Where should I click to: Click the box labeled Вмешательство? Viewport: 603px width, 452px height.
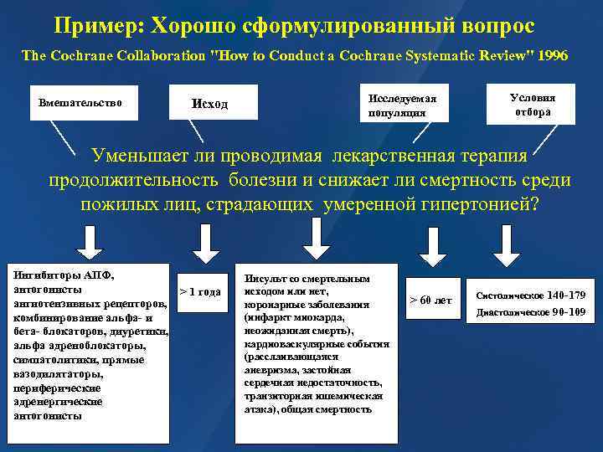tap(81, 103)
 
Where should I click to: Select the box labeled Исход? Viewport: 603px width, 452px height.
tap(209, 104)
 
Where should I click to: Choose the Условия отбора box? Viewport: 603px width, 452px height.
tap(532, 103)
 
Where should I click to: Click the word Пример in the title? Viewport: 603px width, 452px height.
tap(97, 26)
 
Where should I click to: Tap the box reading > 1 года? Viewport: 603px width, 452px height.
tap(201, 292)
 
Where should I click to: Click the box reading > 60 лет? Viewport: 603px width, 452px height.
tap(430, 300)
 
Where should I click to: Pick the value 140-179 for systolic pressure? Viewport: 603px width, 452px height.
tap(567, 295)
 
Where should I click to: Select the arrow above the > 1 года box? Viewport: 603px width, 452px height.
tap(202, 243)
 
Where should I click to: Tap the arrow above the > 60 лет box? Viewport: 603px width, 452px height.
tap(430, 245)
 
